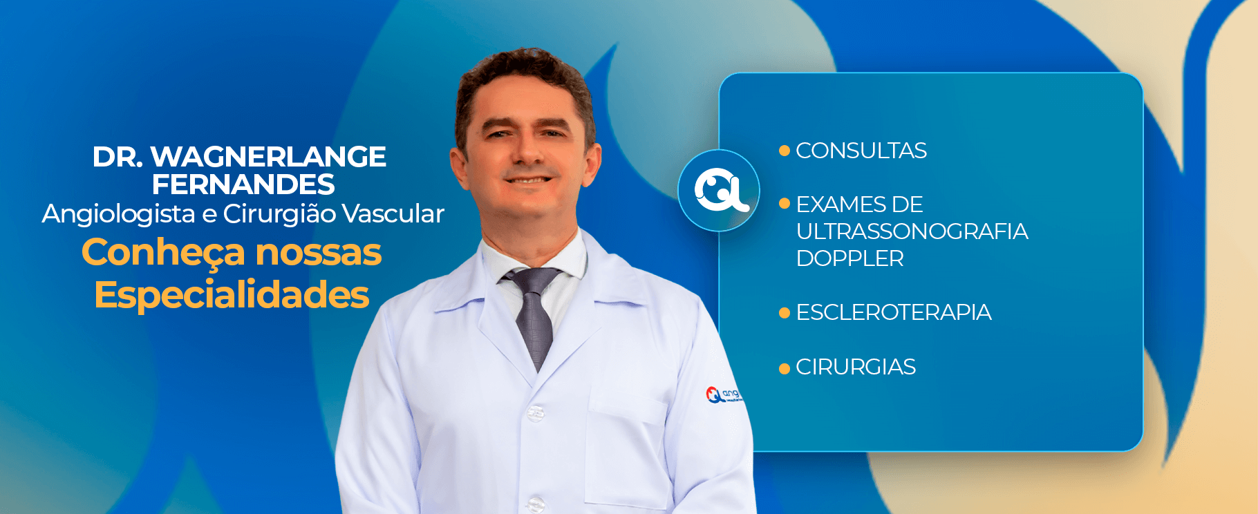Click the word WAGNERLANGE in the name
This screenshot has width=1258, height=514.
[268, 157]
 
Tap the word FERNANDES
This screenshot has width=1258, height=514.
[243, 184]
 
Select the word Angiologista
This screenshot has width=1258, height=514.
[118, 214]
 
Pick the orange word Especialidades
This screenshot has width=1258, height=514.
[232, 295]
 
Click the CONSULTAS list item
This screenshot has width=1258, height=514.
[861, 151]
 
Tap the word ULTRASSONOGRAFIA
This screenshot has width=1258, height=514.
[912, 231]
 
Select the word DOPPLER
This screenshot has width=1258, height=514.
[850, 258]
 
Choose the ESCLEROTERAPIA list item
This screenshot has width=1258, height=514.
[894, 312]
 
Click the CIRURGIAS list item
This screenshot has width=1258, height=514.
[856, 367]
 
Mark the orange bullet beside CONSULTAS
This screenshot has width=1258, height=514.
[785, 151]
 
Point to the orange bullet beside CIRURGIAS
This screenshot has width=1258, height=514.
[785, 368]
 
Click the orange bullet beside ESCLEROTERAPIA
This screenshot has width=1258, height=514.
[785, 313]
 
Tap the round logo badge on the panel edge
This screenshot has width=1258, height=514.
[719, 190]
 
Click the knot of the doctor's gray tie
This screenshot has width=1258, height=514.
[534, 280]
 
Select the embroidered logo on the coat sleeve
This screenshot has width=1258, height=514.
[723, 395]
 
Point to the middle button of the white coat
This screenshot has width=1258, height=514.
[536, 414]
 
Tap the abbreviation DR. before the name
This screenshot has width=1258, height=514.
[118, 157]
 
